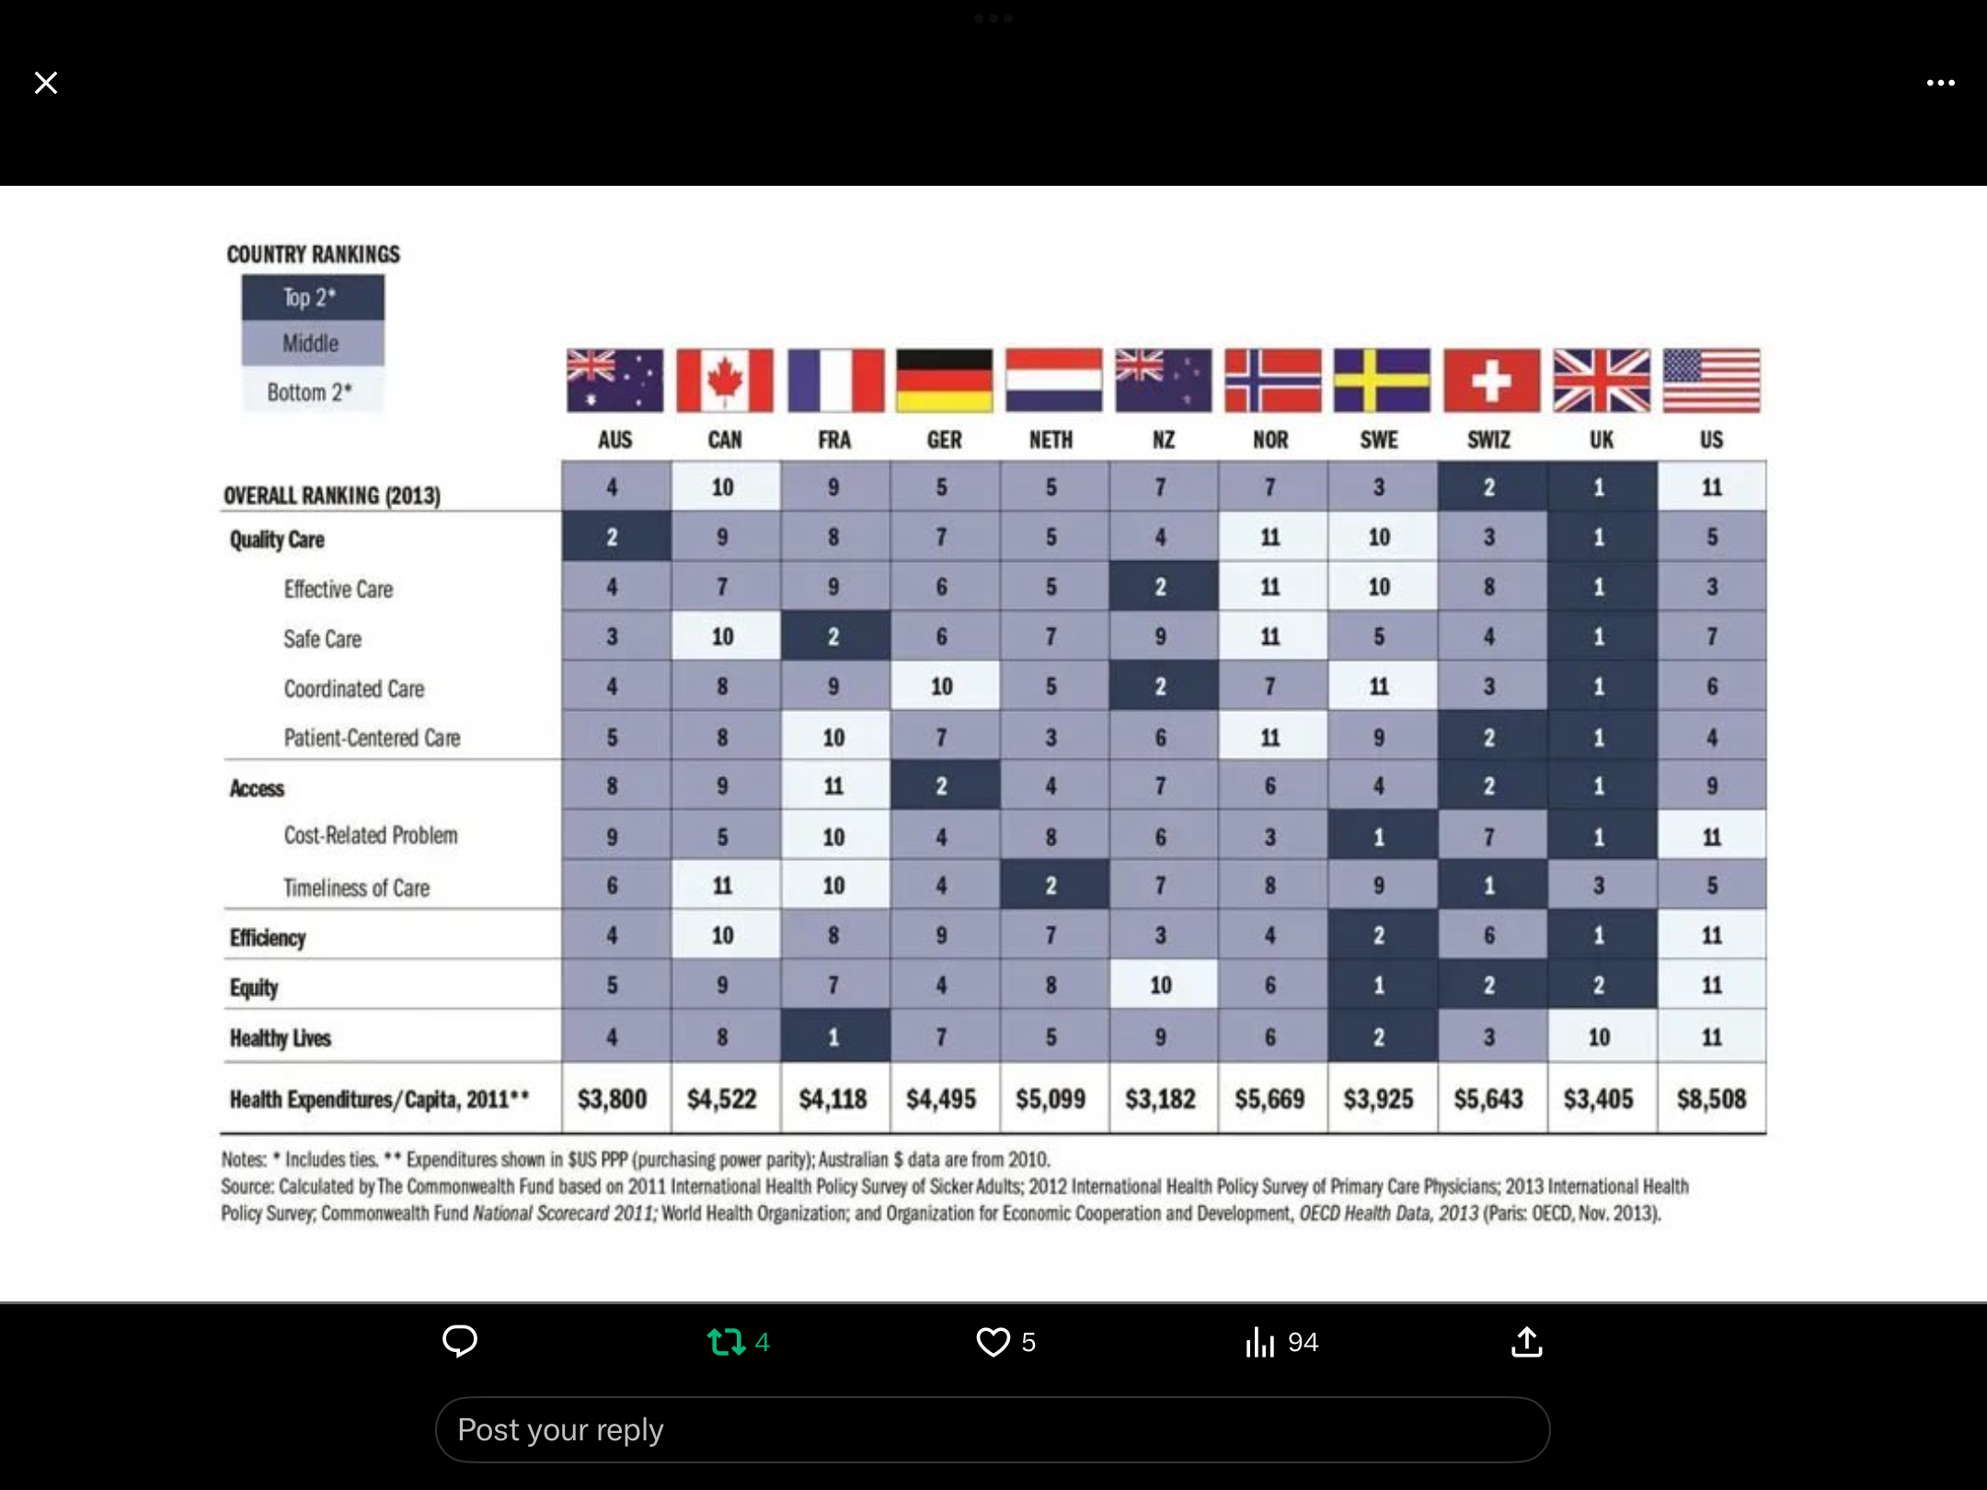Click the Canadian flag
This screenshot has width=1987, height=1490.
[x=724, y=380]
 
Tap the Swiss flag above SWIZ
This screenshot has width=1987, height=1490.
[x=1490, y=380]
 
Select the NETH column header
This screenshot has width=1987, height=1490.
[x=1051, y=440]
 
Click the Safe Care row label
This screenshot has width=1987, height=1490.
[x=322, y=638]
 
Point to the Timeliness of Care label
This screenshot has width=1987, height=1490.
[x=356, y=888]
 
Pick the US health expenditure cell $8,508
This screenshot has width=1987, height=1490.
[x=1711, y=1098]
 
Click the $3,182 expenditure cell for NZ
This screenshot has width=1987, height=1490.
[x=1160, y=1098]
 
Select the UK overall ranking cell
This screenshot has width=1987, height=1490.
[x=1600, y=487]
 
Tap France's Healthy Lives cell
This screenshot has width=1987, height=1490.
[x=833, y=1037]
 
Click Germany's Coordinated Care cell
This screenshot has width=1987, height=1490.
[x=942, y=686]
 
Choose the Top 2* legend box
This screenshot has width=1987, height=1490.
[x=312, y=297]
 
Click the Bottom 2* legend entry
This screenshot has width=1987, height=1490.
[x=310, y=392]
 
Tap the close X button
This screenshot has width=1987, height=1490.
[x=46, y=83]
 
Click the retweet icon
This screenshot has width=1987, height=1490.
[x=726, y=1342]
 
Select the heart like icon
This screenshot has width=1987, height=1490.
[x=993, y=1342]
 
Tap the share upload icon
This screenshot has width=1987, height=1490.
[x=1526, y=1342]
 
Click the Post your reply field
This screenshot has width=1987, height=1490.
[x=992, y=1429]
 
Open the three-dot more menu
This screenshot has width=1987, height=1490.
[x=1940, y=83]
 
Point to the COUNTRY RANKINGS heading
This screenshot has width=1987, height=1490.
[x=313, y=254]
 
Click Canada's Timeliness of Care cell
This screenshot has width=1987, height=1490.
[x=723, y=886]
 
